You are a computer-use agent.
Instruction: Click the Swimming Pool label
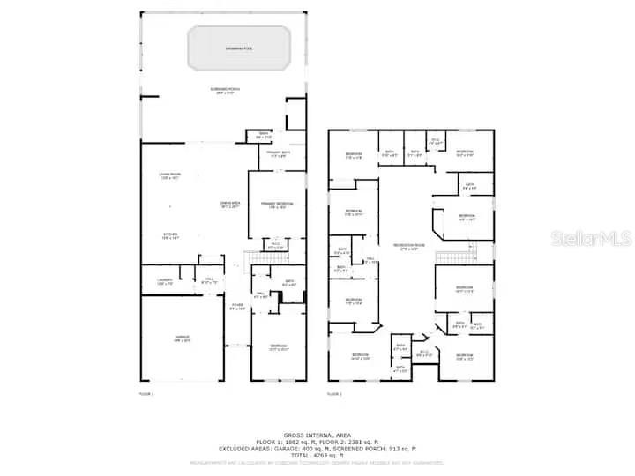point(239,48)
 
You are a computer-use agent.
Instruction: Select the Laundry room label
point(164,283)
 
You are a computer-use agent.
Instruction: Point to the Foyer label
point(236,308)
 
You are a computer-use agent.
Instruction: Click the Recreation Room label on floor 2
point(408,246)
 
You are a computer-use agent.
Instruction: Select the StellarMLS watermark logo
point(591,238)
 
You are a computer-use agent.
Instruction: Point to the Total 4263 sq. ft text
point(317,454)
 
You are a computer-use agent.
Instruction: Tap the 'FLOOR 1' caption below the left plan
point(146,393)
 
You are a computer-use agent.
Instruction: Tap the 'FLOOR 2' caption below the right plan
point(334,393)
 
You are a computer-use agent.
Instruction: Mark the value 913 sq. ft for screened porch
point(388,447)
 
